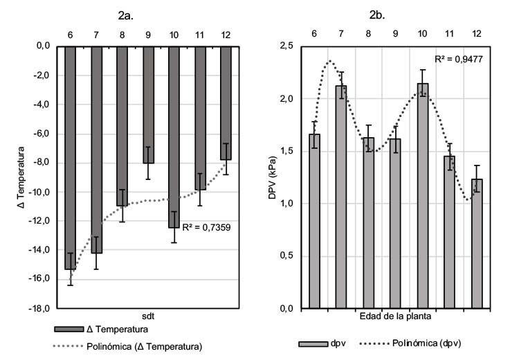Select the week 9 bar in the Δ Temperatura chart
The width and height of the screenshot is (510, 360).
click(147, 104)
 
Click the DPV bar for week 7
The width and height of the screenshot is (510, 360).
click(341, 197)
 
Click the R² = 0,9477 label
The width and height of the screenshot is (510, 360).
click(458, 60)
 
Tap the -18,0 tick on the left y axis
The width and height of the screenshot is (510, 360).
click(39, 308)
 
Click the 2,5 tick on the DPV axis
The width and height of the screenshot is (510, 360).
click(284, 46)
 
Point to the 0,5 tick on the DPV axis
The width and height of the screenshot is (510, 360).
click(284, 255)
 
